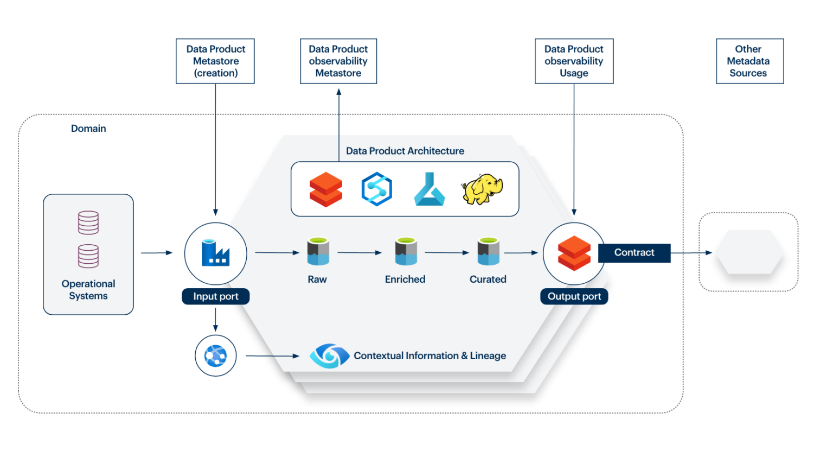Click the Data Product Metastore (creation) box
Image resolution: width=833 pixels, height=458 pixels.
click(x=215, y=61)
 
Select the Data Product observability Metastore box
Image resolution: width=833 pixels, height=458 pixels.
click(x=338, y=61)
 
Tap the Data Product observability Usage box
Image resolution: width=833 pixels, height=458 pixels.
click(x=574, y=61)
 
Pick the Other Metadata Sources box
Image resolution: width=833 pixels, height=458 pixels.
click(x=749, y=61)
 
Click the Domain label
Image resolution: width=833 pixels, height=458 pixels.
click(x=88, y=129)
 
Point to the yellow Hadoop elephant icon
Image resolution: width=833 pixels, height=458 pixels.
click(x=482, y=189)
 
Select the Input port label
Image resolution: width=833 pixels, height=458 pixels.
click(x=215, y=296)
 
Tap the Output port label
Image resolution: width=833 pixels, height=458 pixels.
click(x=574, y=296)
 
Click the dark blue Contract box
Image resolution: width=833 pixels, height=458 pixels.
click(x=634, y=253)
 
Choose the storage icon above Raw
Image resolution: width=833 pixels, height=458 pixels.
click(x=318, y=252)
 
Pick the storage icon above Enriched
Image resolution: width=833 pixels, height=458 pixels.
click(x=406, y=252)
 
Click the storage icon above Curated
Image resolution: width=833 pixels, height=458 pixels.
click(x=488, y=252)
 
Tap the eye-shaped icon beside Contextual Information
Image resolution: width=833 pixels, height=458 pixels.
click(x=329, y=356)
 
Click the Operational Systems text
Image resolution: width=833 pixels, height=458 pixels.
click(x=88, y=290)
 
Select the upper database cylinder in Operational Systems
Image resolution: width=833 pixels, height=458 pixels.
click(x=88, y=222)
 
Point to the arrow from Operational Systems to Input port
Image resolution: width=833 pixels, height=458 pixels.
click(x=157, y=253)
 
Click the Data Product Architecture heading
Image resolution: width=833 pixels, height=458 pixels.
click(x=405, y=151)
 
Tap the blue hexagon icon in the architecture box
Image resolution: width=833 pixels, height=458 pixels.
click(x=376, y=189)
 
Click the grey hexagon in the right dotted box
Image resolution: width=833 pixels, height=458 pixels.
click(x=749, y=252)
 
